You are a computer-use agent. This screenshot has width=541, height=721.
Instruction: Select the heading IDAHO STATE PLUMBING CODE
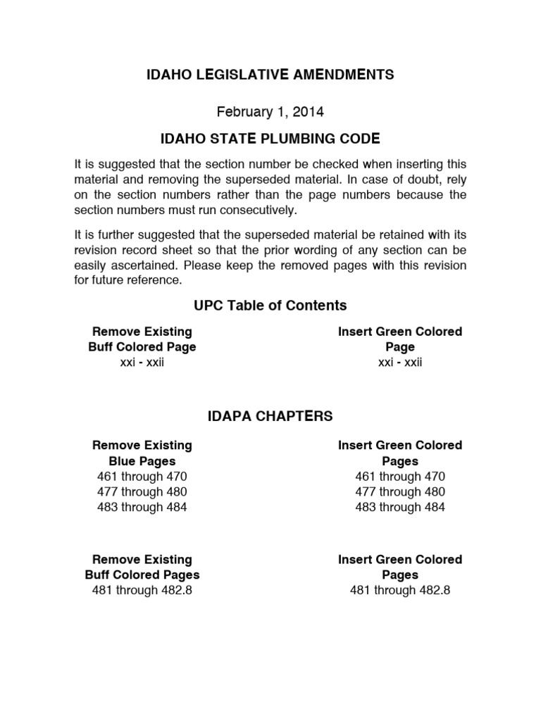click(270, 137)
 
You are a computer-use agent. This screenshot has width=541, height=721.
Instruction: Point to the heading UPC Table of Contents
click(270, 305)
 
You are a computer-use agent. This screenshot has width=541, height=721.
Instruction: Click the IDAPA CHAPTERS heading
click(270, 416)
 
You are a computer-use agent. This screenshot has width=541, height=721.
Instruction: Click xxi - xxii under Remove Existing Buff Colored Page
click(142, 363)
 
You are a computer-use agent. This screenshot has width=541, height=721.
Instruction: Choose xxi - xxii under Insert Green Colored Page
click(399, 363)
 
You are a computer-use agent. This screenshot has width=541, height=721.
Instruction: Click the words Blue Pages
click(142, 461)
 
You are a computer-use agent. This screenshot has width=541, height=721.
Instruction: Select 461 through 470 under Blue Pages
click(142, 477)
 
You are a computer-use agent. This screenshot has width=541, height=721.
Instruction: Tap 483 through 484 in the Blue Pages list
click(142, 508)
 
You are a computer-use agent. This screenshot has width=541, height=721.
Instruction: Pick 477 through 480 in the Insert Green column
click(399, 492)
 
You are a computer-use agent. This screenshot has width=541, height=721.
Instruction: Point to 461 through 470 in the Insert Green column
click(399, 477)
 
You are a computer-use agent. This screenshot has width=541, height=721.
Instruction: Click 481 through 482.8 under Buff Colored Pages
click(142, 591)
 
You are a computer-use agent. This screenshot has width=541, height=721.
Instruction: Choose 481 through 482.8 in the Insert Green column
click(399, 591)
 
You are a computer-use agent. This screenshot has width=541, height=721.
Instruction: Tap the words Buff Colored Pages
click(142, 575)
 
